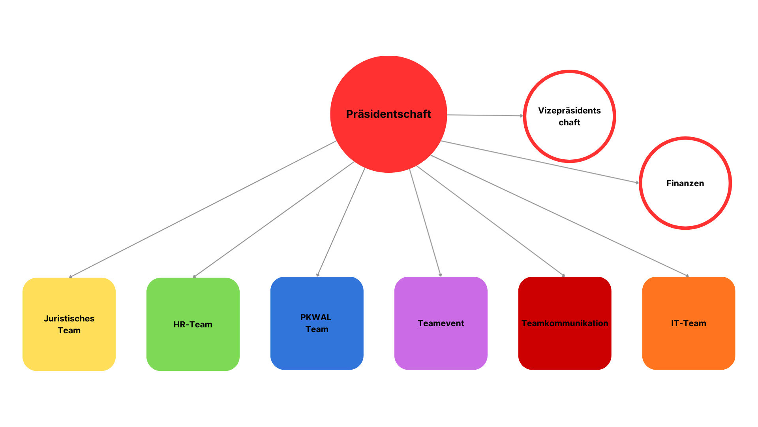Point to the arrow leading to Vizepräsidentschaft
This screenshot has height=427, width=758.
tap(485, 115)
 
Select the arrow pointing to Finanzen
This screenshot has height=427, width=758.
tap(539, 162)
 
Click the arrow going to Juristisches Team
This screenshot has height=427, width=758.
tap(203, 209)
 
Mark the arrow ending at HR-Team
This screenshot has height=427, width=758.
tap(274, 219)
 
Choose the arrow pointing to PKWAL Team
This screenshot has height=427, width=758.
tap(341, 222)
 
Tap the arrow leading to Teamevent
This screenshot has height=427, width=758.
tap(425, 223)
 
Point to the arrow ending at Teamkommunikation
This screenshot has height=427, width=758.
tap(490, 221)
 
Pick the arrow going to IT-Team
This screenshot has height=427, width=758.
tap(559, 215)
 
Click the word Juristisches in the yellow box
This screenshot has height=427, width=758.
tap(69, 319)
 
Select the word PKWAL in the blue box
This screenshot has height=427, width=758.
tap(316, 317)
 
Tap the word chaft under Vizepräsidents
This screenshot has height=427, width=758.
tap(569, 123)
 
